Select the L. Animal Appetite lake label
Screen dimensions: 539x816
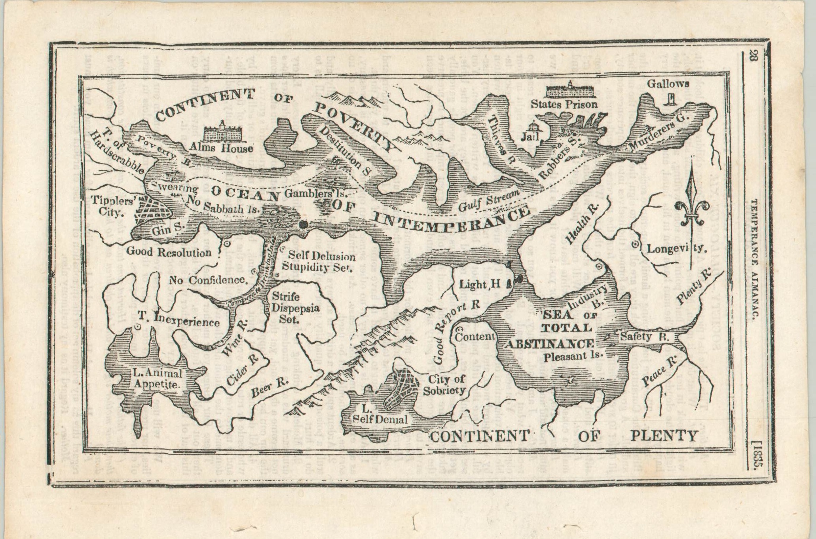point(158,378)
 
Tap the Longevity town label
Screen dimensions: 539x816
point(677,249)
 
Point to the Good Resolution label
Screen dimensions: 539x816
point(169,252)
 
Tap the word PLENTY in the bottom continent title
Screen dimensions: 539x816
point(664,436)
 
